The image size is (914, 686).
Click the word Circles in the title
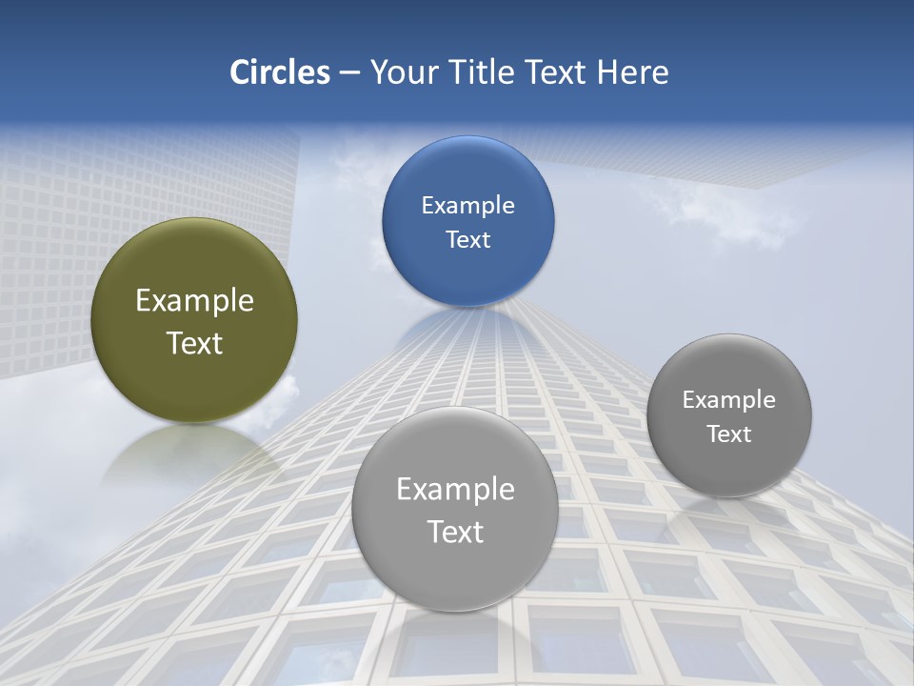279,72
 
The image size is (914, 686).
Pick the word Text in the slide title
556,72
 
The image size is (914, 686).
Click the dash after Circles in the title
348,73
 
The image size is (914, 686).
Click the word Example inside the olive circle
194,301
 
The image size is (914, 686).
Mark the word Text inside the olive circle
194,343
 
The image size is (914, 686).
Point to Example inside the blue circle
467,206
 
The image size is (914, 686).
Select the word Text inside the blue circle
467,240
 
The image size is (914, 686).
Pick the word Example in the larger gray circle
455,490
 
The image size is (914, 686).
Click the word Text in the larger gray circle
455,532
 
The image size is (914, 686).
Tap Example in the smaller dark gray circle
729,400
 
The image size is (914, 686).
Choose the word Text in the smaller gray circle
729,434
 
